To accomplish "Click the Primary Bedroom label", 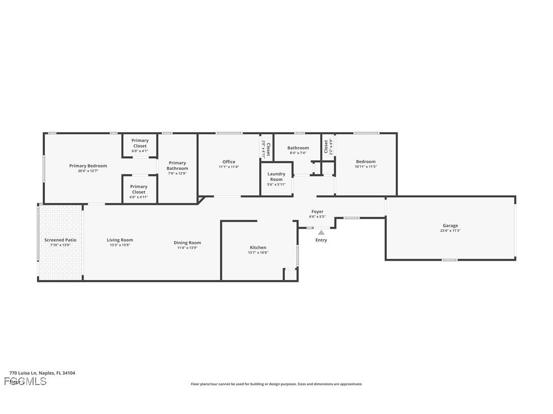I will click(x=88, y=166).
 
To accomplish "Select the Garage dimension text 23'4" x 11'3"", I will click(x=450, y=231).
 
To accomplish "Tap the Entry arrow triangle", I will click(x=321, y=232).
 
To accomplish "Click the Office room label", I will click(x=229, y=162).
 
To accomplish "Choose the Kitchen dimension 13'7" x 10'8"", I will click(x=258, y=253).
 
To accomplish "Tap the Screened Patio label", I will click(x=60, y=240).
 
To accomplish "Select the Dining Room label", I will click(x=187, y=243).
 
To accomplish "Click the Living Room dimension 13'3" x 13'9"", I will click(x=120, y=245).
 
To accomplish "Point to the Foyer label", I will click(x=317, y=212).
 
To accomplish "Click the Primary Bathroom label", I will click(x=177, y=166).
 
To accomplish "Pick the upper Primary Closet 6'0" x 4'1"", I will click(x=140, y=145).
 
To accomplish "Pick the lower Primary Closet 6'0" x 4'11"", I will click(x=139, y=192).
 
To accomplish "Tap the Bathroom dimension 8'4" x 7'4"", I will click(x=298, y=153).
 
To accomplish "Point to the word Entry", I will click(x=321, y=240).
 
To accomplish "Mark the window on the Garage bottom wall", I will click(x=449, y=260).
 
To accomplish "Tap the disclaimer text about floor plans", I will click(x=276, y=384).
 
